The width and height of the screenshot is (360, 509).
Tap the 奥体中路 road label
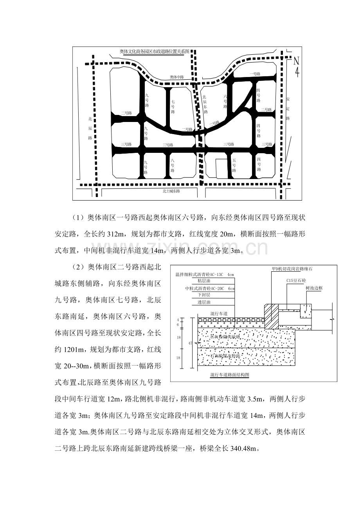pyautogui.click(x=177, y=77)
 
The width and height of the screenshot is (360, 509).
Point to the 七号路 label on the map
pyautogui.click(x=173, y=106)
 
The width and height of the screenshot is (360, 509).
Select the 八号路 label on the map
pyautogui.click(x=173, y=165)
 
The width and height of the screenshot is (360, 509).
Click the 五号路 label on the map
pyautogui.click(x=234, y=165)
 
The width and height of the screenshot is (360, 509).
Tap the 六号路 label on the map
pyautogui.click(x=225, y=101)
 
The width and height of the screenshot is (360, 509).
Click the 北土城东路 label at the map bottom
pyautogui.click(x=171, y=191)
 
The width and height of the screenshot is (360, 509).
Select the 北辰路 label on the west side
pyautogui.click(x=90, y=128)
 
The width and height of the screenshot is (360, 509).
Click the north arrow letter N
pyautogui.click(x=296, y=61)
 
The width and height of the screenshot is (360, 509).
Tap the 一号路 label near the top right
pyautogui.click(x=255, y=74)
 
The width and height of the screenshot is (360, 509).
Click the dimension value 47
pyautogui.click(x=190, y=342)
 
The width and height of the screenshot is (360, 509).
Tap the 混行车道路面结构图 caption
pyautogui.click(x=230, y=375)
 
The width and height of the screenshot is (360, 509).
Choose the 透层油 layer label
pyautogui.click(x=205, y=302)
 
